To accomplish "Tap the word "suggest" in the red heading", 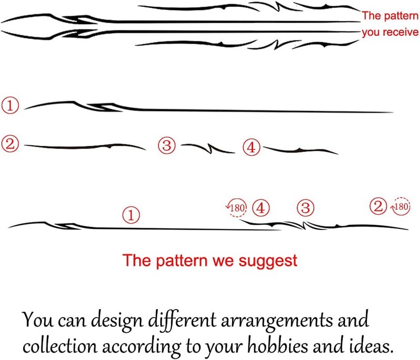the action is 268,261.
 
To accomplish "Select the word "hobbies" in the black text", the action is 278,346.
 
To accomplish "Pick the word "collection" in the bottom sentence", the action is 60,346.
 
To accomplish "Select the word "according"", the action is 141,346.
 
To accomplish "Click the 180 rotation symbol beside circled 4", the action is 237,207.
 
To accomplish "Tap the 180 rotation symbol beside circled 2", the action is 401,206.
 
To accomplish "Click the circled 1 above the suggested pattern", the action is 131,215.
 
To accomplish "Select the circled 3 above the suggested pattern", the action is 306,208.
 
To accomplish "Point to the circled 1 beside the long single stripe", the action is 10,105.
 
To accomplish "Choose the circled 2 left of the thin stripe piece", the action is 10,144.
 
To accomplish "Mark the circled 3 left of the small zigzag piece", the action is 166,145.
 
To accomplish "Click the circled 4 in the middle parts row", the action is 251,147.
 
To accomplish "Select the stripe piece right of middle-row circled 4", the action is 300,151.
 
